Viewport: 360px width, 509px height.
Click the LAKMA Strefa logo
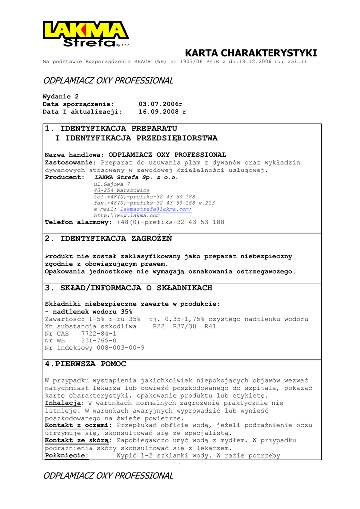point(86,34)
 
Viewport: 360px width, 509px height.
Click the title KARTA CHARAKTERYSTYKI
point(251,53)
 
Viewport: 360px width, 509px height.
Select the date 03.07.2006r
point(161,104)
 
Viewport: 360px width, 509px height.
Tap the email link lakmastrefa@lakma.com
point(156,209)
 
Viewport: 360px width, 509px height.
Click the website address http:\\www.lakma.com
point(127,216)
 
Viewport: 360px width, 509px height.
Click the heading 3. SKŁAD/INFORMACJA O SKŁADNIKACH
point(128,288)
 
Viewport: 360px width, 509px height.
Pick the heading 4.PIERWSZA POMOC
point(86,364)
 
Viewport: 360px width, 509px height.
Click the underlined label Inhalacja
point(63,403)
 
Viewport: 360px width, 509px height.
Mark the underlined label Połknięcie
point(67,456)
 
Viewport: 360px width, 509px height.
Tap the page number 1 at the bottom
point(180,465)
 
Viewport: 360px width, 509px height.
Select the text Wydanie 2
point(61,96)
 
